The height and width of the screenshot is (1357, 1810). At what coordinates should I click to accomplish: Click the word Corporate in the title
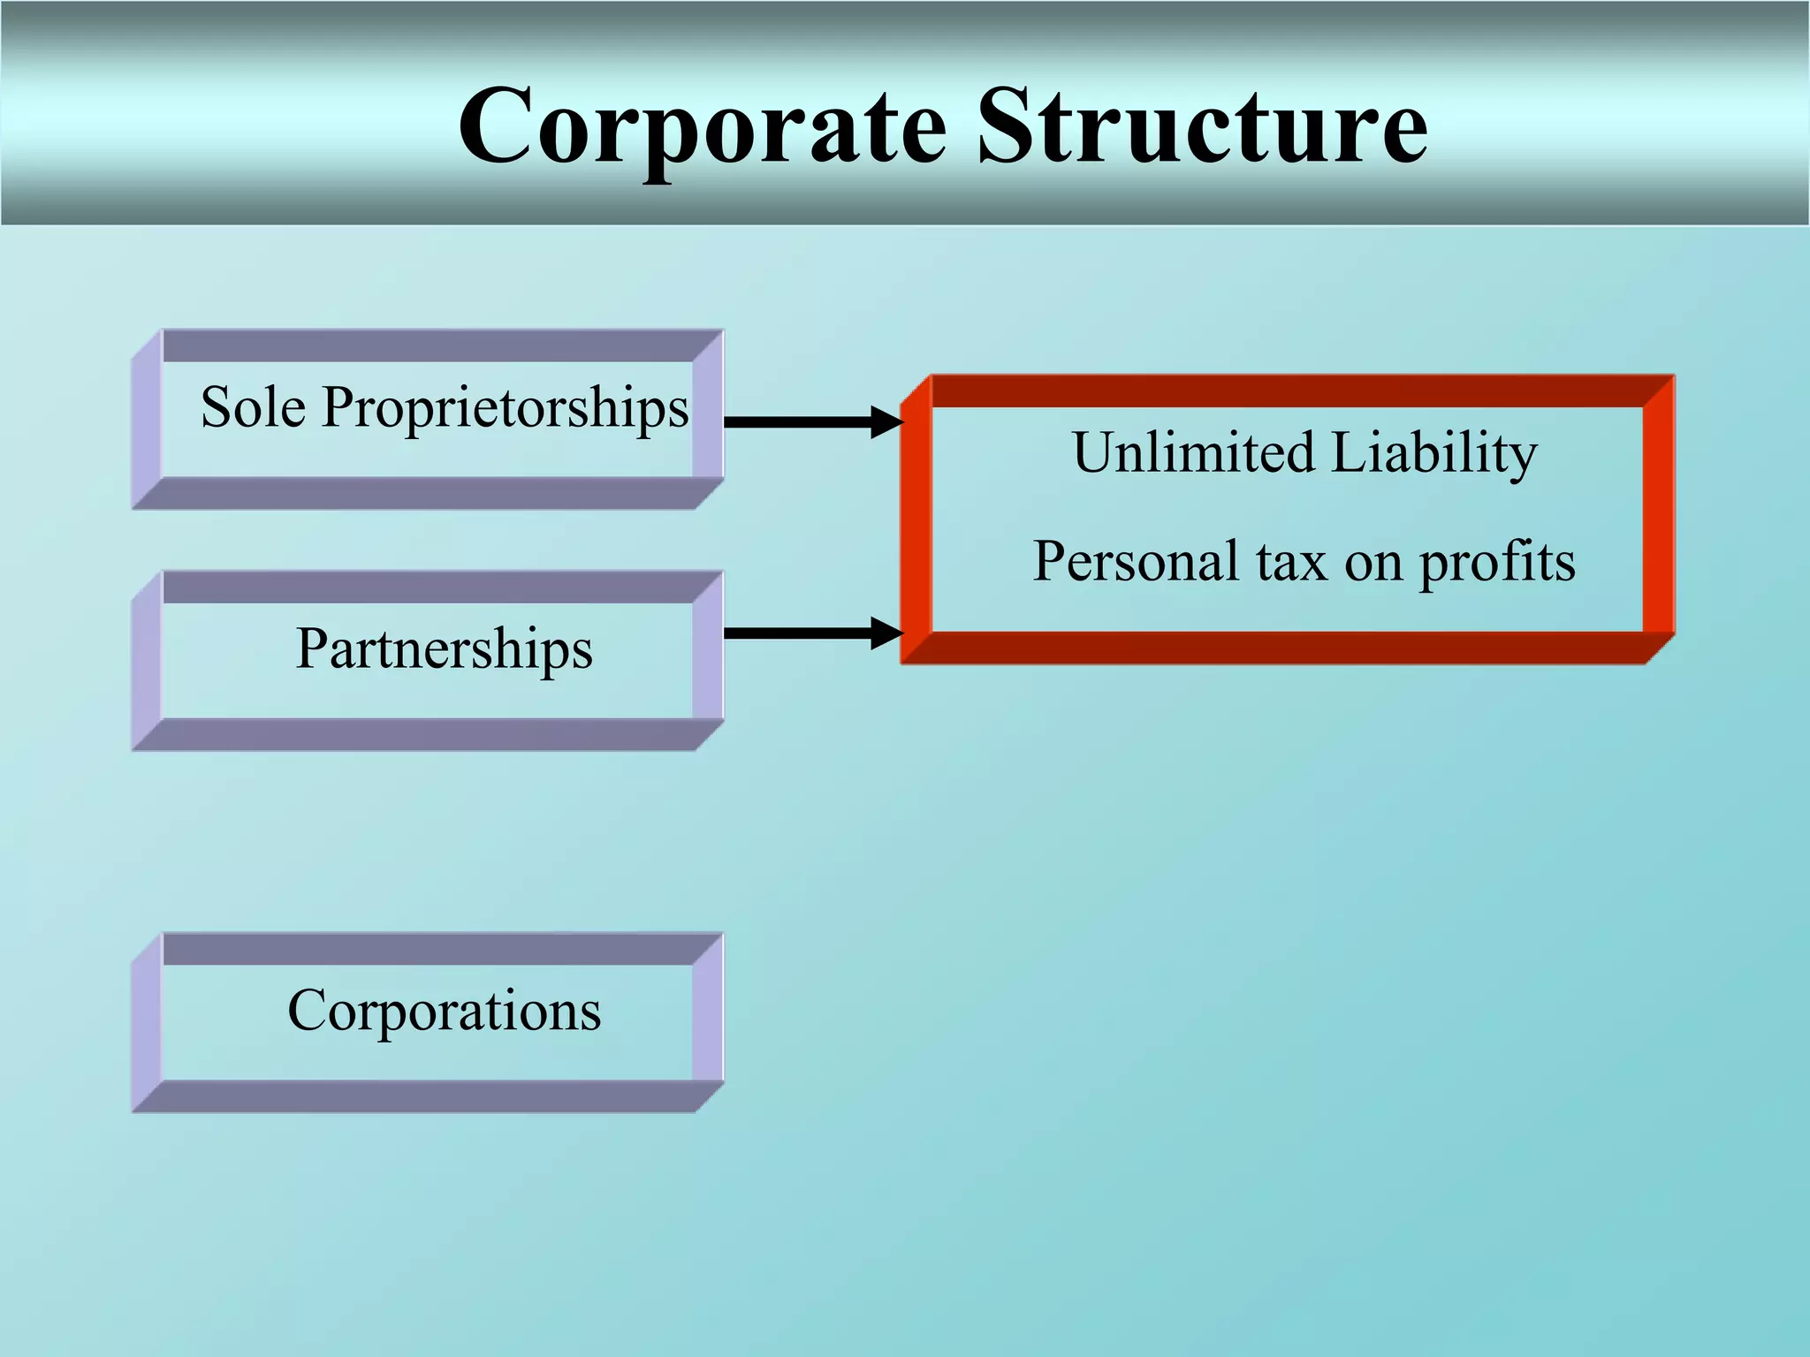pyautogui.click(x=703, y=128)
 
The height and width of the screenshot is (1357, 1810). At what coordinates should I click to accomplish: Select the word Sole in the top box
pyautogui.click(x=254, y=407)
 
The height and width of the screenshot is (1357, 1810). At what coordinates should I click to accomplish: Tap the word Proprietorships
pyautogui.click(x=505, y=409)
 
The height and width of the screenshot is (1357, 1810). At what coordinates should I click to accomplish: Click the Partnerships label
pyautogui.click(x=444, y=648)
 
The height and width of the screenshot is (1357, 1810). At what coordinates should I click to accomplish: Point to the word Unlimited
pyautogui.click(x=1193, y=452)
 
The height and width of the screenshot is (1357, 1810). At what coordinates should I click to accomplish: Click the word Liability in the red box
pyautogui.click(x=1434, y=454)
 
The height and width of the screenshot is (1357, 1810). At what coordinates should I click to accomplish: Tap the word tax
pyautogui.click(x=1291, y=562)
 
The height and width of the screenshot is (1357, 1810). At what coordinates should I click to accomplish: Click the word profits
pyautogui.click(x=1497, y=563)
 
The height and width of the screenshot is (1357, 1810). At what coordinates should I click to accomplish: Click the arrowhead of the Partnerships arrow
pyautogui.click(x=886, y=633)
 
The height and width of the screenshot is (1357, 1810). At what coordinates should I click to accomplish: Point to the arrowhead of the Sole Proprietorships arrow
pyautogui.click(x=886, y=421)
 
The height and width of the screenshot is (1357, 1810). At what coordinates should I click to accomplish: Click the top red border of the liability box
pyautogui.click(x=1288, y=390)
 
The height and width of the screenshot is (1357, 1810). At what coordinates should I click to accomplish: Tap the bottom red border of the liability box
pyautogui.click(x=1288, y=648)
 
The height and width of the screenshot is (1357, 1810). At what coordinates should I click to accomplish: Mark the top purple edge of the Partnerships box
pyautogui.click(x=428, y=588)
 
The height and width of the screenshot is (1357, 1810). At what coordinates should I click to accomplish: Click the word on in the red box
pyautogui.click(x=1373, y=563)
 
